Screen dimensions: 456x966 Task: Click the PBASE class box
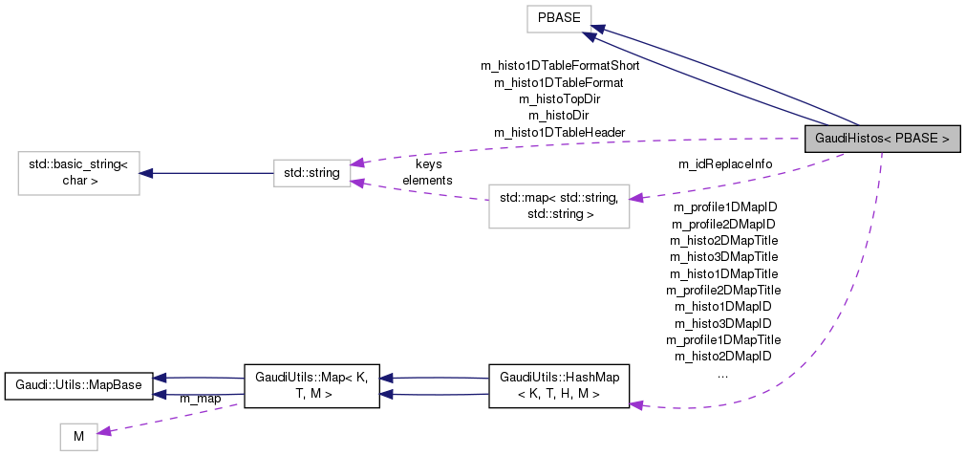click(559, 16)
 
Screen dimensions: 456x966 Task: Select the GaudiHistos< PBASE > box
click(881, 139)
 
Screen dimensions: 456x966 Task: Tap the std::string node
click(311, 173)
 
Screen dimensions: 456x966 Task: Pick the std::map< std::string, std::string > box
click(559, 206)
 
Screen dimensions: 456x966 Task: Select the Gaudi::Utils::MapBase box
click(78, 385)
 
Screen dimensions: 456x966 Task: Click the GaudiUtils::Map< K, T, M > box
click(311, 385)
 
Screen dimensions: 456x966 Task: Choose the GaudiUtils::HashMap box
click(559, 385)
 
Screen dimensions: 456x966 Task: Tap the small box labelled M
click(78, 437)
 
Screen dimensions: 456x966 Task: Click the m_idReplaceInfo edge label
click(724, 164)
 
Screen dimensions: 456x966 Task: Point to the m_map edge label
click(201, 398)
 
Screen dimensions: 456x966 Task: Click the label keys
click(428, 164)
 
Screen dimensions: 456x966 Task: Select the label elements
click(427, 180)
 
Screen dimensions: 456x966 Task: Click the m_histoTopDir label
click(559, 98)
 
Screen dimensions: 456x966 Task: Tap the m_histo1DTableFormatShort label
click(559, 67)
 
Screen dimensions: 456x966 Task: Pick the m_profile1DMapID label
click(724, 206)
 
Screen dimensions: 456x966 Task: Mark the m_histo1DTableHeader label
click(559, 132)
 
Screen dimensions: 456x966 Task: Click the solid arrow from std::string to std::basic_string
click(205, 173)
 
